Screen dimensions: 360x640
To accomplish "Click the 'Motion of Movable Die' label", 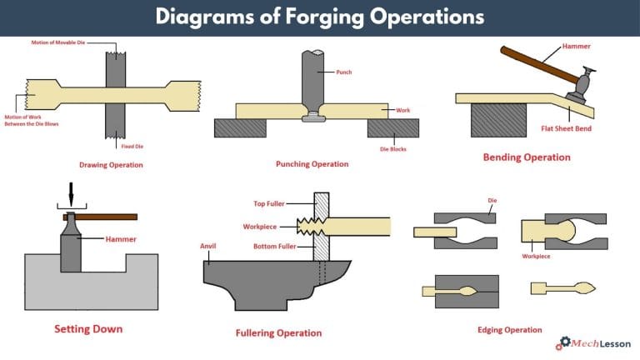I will point(58,42).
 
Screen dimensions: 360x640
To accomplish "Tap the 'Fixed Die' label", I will point(122,147).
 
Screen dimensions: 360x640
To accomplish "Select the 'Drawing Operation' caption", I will point(111,165).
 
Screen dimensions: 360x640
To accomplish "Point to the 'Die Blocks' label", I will point(392,148).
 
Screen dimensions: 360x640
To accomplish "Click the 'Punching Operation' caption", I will point(312,164).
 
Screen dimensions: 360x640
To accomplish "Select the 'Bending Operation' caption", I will point(527,157).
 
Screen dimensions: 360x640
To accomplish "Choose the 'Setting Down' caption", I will point(88,328).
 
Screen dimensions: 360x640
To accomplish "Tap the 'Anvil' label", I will point(208,246).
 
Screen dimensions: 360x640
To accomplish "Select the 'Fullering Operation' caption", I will point(278,333).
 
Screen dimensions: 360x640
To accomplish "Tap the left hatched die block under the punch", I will point(240,127).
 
